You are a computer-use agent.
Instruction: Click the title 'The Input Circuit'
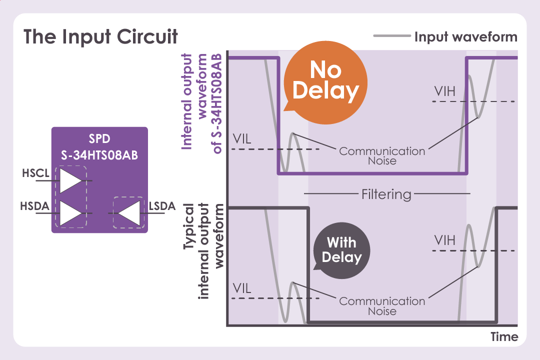click(x=100, y=37)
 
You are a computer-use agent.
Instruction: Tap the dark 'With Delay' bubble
click(x=341, y=250)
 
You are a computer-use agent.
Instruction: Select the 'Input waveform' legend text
click(x=465, y=37)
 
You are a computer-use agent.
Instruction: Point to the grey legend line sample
click(x=391, y=36)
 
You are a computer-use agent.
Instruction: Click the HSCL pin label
click(x=35, y=174)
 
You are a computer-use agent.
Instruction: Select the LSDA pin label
click(x=162, y=206)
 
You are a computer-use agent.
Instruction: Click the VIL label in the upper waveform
click(x=242, y=138)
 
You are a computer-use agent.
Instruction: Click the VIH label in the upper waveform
click(x=445, y=91)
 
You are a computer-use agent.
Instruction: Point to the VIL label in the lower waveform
click(x=242, y=288)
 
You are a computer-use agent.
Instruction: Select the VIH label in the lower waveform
click(x=445, y=240)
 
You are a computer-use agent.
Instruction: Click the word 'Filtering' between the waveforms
click(x=386, y=194)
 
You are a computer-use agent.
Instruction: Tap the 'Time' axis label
click(x=504, y=337)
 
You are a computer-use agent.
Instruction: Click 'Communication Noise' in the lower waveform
click(x=382, y=306)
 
